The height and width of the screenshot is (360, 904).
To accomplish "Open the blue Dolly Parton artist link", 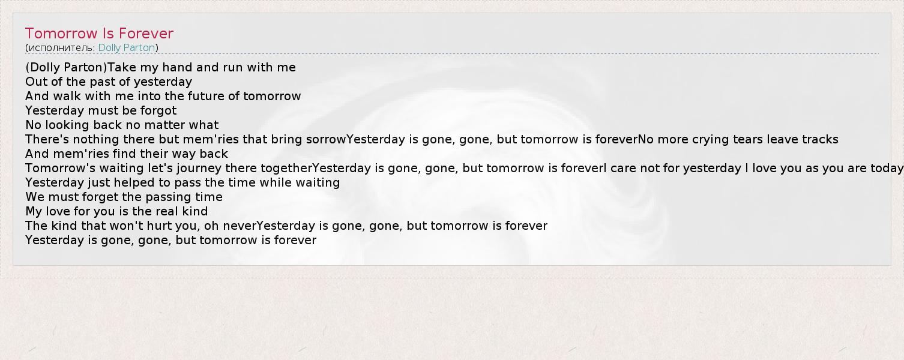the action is tap(126, 47).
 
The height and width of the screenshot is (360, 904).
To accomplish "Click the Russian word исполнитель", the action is tap(61, 47).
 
